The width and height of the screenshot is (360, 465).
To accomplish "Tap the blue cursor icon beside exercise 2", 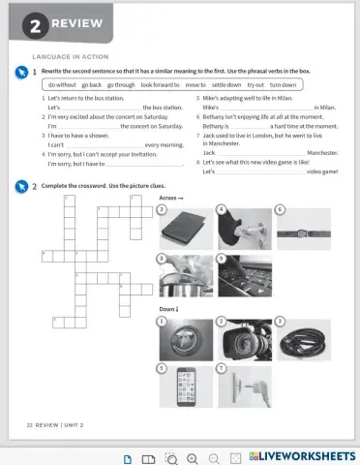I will coord(20,185).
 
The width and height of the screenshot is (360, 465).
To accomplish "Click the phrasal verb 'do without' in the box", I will coord(62,85).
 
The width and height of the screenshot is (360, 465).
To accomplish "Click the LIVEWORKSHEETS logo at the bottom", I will coord(301,455).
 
